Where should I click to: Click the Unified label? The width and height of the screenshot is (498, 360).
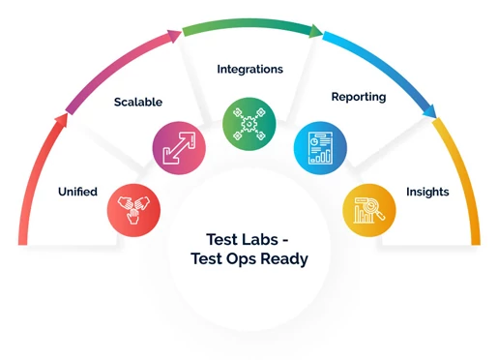tap(77, 192)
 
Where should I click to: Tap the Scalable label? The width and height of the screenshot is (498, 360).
tap(137, 102)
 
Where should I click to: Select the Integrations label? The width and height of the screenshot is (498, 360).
tap(249, 70)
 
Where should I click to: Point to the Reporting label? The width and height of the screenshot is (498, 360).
tap(359, 97)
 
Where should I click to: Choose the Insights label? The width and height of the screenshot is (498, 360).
tap(427, 192)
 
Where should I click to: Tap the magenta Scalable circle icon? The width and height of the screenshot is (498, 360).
tap(179, 147)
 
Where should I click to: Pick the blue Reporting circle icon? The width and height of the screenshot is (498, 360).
tap(320, 147)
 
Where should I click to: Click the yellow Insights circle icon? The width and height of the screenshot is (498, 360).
tap(369, 207)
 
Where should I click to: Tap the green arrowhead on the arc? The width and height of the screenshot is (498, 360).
tap(315, 31)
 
